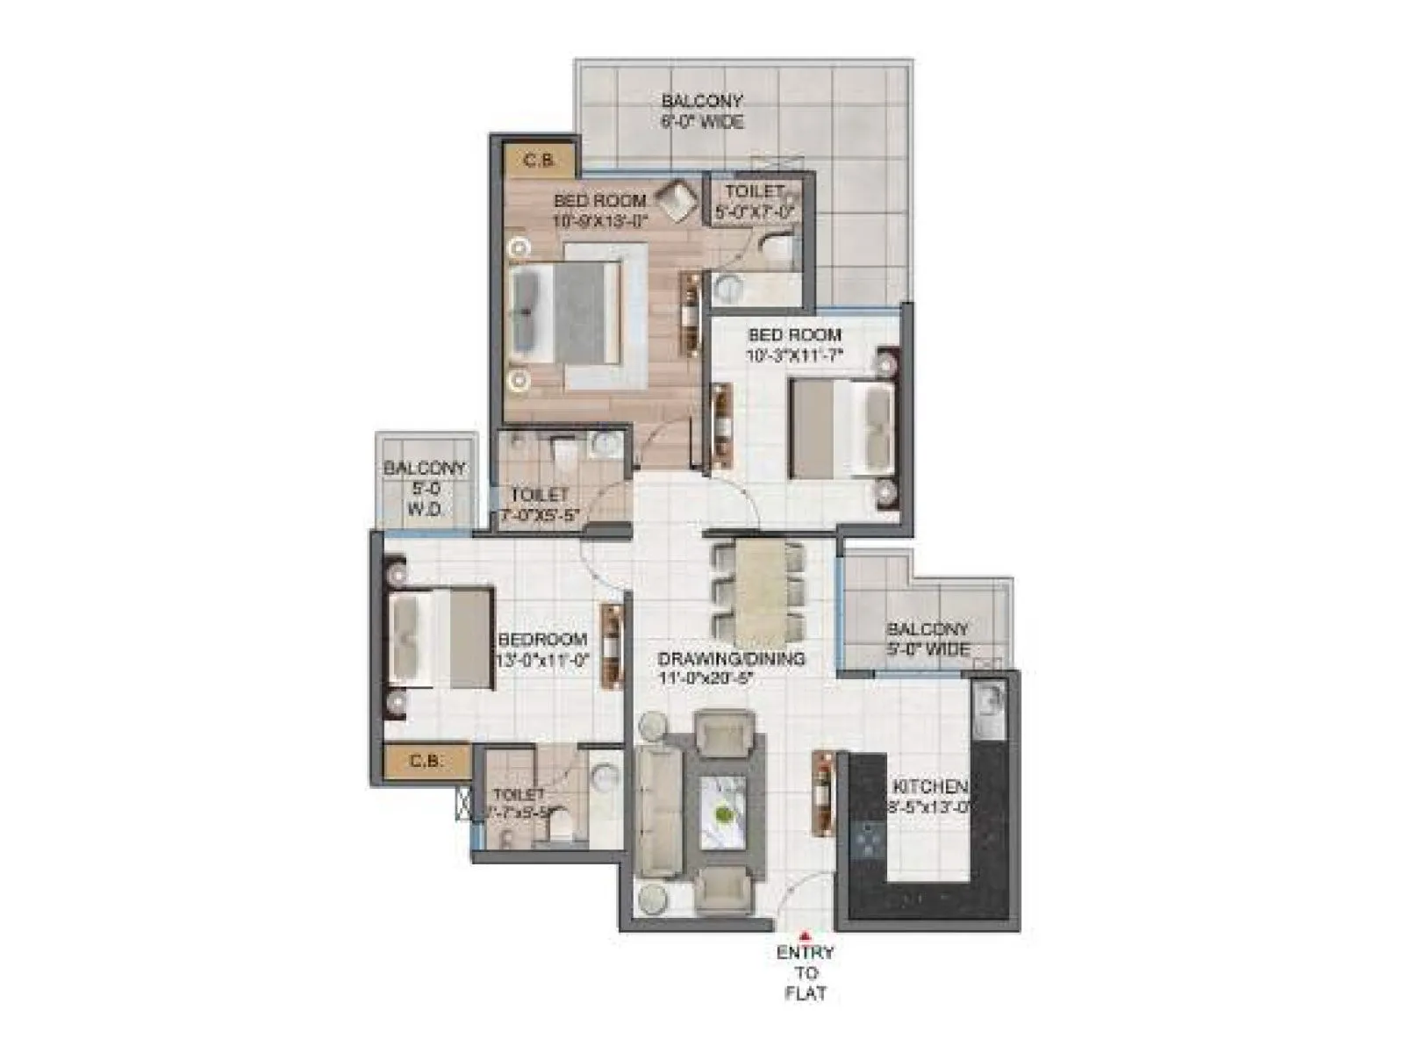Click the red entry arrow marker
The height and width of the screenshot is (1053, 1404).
805,935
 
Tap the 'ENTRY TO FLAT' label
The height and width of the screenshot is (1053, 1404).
806,972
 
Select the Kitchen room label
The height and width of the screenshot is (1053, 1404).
929,796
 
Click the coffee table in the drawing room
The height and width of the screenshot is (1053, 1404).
723,813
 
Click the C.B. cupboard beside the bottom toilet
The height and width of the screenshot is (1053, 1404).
426,761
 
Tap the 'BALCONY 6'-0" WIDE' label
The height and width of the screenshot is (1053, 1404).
702,111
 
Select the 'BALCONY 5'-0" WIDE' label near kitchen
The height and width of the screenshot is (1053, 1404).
928,640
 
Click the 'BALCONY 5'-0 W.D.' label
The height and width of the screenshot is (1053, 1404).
425,489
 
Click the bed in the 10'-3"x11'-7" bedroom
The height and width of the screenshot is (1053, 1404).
842,428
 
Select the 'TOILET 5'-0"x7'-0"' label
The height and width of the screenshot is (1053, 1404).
755,201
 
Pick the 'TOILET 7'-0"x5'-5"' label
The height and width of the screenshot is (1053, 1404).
540,505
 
